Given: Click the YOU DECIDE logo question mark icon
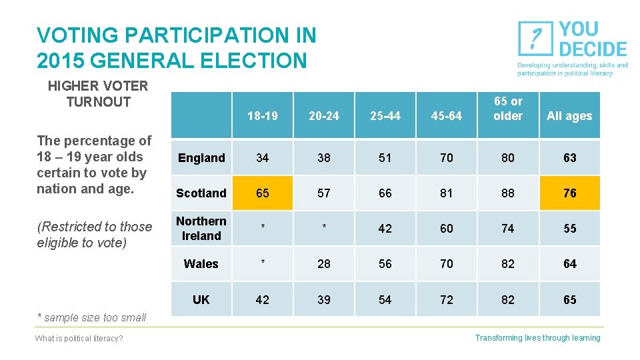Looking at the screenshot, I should point(535,39).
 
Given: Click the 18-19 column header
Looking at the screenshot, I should point(263,116).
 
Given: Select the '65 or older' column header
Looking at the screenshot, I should point(508,109).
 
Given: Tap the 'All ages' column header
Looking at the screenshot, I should point(569,116).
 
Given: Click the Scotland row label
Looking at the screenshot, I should point(201,193).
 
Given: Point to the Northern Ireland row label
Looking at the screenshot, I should point(201,229).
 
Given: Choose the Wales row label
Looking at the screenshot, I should point(201,264).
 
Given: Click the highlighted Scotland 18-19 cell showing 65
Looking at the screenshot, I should point(263,193).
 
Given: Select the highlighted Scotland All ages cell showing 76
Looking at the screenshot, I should point(569,193).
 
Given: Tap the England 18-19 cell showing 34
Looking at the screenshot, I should point(263,158).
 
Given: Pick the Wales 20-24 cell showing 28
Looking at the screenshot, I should point(324,264).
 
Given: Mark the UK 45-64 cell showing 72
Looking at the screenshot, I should point(447,300).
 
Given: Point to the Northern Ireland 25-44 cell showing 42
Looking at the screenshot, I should point(385,229).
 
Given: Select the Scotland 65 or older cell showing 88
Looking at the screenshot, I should point(508,193).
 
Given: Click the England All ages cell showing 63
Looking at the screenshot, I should point(569,158).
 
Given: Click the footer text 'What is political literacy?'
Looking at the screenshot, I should point(79,339).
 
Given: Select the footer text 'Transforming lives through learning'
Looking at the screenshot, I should point(537,338).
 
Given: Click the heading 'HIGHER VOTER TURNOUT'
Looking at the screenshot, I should point(98,94).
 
